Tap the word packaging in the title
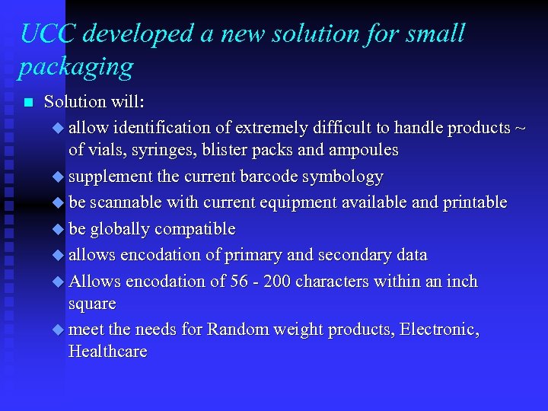(x=75, y=68)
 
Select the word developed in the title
(x=132, y=34)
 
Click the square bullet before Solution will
(x=28, y=103)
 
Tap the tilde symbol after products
(x=520, y=127)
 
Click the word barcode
(x=269, y=177)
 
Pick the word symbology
(x=342, y=177)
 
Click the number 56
(x=239, y=282)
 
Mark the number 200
(x=278, y=282)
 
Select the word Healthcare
(x=107, y=352)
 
